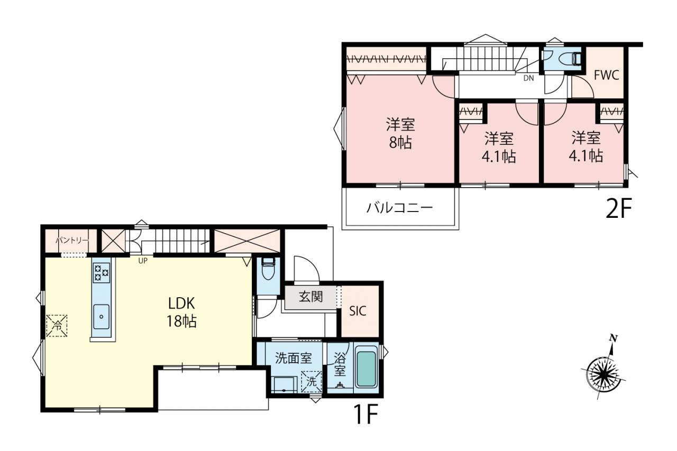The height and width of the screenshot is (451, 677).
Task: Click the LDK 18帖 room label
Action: [181, 312]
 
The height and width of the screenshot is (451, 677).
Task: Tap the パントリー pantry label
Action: [72, 241]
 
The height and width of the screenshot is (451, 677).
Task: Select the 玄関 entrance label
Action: [310, 297]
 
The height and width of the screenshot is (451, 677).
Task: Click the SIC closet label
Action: [358, 311]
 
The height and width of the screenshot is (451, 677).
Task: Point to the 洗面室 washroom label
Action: [293, 358]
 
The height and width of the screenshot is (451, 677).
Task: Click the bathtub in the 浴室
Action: [366, 370]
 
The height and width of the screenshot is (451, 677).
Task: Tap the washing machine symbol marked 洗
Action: [312, 381]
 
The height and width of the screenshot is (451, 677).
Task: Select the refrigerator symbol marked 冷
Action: [57, 326]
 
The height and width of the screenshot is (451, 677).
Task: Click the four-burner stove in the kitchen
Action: [102, 272]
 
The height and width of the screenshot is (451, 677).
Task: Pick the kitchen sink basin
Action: [101, 316]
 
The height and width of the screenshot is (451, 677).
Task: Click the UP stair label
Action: [143, 260]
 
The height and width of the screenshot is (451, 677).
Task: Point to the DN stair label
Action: [528, 78]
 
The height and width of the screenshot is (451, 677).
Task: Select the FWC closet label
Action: [606, 75]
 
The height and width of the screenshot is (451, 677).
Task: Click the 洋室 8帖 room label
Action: [400, 133]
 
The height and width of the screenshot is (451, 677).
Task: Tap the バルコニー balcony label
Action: [399, 208]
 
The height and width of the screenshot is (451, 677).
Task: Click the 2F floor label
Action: [619, 208]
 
